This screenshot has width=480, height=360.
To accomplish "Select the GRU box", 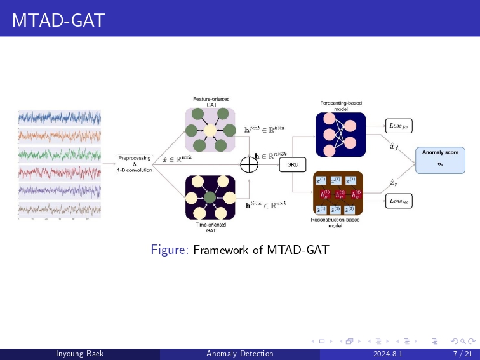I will point(293,164).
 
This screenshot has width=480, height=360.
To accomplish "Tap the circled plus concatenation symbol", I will point(249,164).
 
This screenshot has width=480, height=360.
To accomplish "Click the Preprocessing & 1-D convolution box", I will point(134,164).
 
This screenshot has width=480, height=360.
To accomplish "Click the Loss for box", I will point(400,126).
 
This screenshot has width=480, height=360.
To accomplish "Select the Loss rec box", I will point(400,201).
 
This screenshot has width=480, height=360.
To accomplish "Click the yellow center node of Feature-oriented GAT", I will point(210,131).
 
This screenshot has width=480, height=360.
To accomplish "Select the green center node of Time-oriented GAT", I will point(210,197).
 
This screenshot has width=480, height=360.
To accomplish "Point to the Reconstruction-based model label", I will point(335,223).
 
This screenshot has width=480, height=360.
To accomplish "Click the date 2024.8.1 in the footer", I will point(388,354).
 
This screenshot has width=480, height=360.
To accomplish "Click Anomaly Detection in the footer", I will point(240,354).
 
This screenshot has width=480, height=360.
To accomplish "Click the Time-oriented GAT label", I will point(210,227).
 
